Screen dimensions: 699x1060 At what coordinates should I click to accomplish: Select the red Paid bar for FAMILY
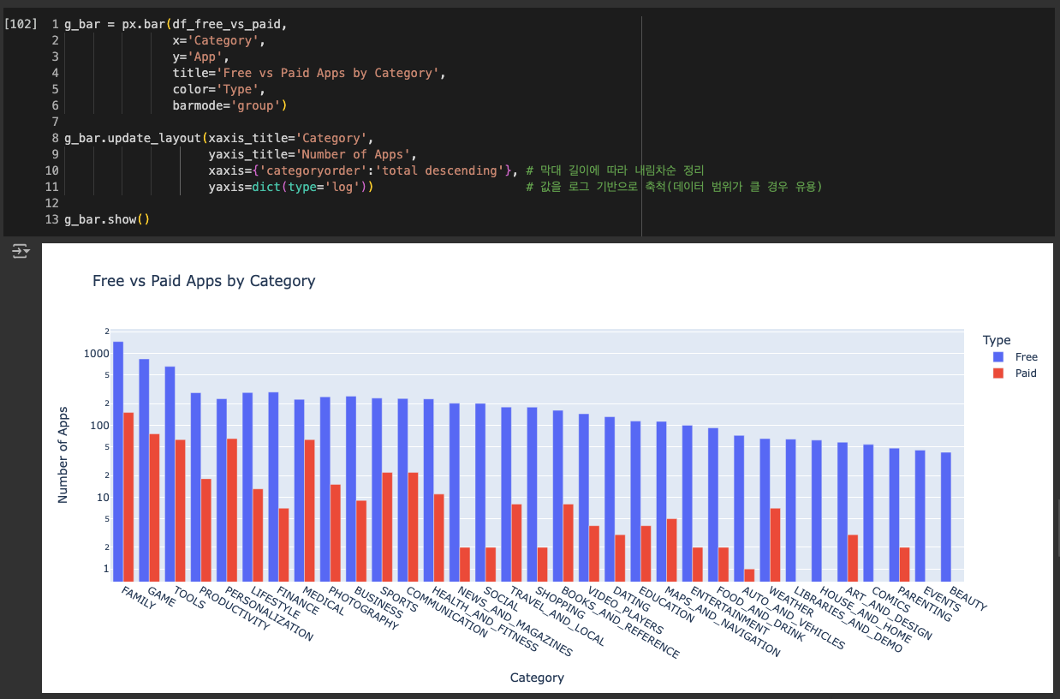coord(128,497)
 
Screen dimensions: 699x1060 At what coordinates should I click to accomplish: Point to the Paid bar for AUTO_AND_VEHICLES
coord(749,575)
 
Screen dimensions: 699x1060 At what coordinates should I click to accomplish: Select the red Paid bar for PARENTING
coord(905,564)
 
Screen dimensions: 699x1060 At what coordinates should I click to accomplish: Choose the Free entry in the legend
coord(1026,357)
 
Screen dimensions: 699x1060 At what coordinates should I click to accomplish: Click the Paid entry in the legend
coord(1026,373)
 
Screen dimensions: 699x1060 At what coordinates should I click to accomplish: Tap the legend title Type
coord(997,340)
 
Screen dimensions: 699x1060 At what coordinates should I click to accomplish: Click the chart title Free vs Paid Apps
coord(204,281)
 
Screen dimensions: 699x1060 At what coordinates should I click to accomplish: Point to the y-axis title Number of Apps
coord(63,455)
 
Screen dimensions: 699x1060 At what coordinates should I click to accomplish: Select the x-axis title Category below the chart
coord(537,678)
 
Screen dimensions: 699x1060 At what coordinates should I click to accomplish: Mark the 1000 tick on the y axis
coord(97,354)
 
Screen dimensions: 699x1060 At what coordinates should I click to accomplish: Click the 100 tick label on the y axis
coord(99,426)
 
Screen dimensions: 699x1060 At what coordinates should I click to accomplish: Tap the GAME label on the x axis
coord(161,598)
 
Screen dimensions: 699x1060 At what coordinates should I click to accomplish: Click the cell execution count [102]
coord(21,24)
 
